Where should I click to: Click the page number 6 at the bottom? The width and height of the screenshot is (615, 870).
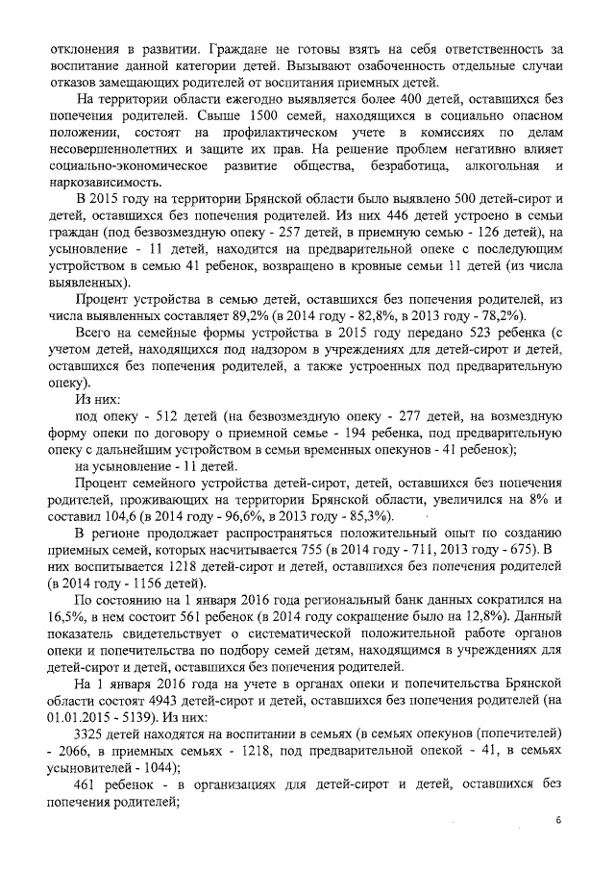557,820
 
